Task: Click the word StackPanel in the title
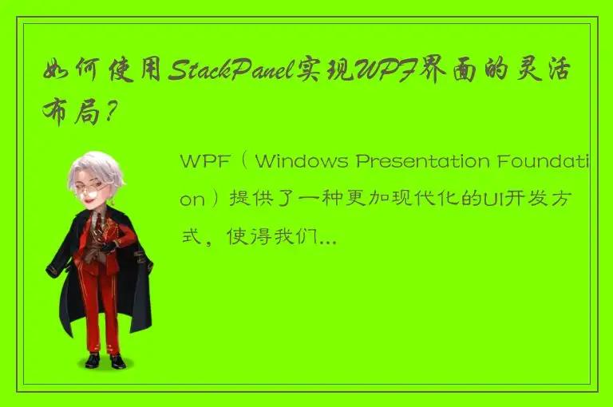(231, 70)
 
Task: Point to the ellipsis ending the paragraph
(328, 236)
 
